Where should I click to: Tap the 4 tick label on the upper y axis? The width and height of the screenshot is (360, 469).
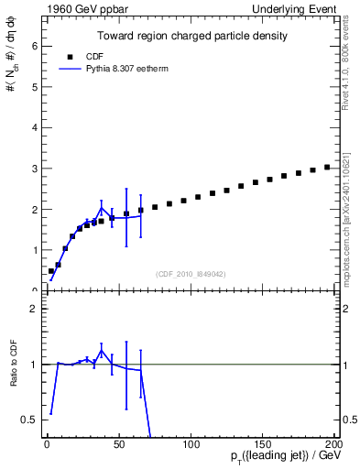coord(33,128)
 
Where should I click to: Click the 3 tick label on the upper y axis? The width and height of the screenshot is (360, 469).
coord(33,169)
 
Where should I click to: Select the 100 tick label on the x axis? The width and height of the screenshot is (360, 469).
coord(191,444)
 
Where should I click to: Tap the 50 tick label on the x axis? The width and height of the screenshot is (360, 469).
coord(118,444)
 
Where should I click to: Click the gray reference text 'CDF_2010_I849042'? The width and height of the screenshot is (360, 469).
coord(191,274)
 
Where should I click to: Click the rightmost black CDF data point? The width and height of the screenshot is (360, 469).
coord(327,168)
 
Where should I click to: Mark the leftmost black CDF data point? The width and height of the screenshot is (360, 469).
coord(51,271)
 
